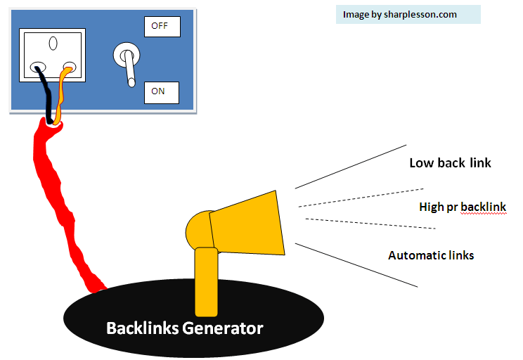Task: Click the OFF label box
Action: [162, 27]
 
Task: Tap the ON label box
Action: [161, 92]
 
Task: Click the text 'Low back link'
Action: [450, 163]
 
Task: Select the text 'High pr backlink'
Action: [462, 207]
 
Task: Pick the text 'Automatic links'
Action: [431, 255]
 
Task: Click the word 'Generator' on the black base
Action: [223, 328]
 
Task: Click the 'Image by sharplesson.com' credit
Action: [399, 14]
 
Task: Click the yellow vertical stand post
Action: [206, 281]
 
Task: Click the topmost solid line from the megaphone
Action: [351, 167]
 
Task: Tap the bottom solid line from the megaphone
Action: [357, 265]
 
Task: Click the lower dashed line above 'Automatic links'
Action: [369, 224]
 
